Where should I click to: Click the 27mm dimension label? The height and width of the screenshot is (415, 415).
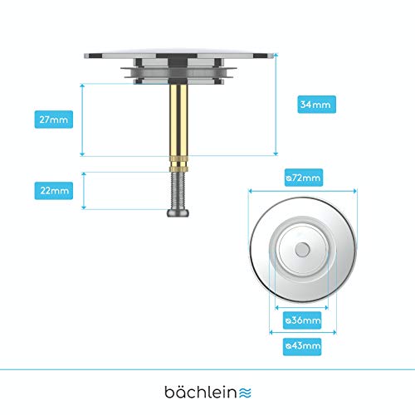coord(54,120)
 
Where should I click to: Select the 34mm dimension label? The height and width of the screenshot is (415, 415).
coord(316,105)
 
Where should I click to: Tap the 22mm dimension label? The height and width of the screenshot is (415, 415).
coord(54,191)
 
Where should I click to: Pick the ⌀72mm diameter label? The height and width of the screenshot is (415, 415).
coord(304,178)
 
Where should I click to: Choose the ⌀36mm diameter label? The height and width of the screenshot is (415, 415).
coord(302,320)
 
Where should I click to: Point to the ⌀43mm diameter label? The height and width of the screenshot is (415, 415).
coord(302,346)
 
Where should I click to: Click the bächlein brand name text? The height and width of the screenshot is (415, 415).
coord(201,392)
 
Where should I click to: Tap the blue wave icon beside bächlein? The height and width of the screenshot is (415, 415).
coord(245,393)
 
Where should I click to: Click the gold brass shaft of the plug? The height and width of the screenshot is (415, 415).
coord(178,120)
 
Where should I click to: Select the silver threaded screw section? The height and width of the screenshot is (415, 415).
coord(178,191)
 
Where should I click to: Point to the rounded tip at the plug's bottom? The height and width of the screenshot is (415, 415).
coord(178,212)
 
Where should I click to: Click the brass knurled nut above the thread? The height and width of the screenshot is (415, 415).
coord(178,164)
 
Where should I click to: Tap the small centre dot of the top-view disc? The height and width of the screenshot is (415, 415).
coord(302,250)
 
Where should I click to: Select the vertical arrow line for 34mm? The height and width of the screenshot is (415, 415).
coord(276,105)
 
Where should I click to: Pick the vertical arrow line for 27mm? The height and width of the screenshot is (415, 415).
coord(82,120)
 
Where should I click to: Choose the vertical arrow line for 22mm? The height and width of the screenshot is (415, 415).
coord(84,191)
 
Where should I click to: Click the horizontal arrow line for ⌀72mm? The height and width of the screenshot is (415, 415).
coord(303,191)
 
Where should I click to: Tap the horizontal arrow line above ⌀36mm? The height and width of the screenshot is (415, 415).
coord(301,308)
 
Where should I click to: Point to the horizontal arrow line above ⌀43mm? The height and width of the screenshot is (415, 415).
coord(303,332)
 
